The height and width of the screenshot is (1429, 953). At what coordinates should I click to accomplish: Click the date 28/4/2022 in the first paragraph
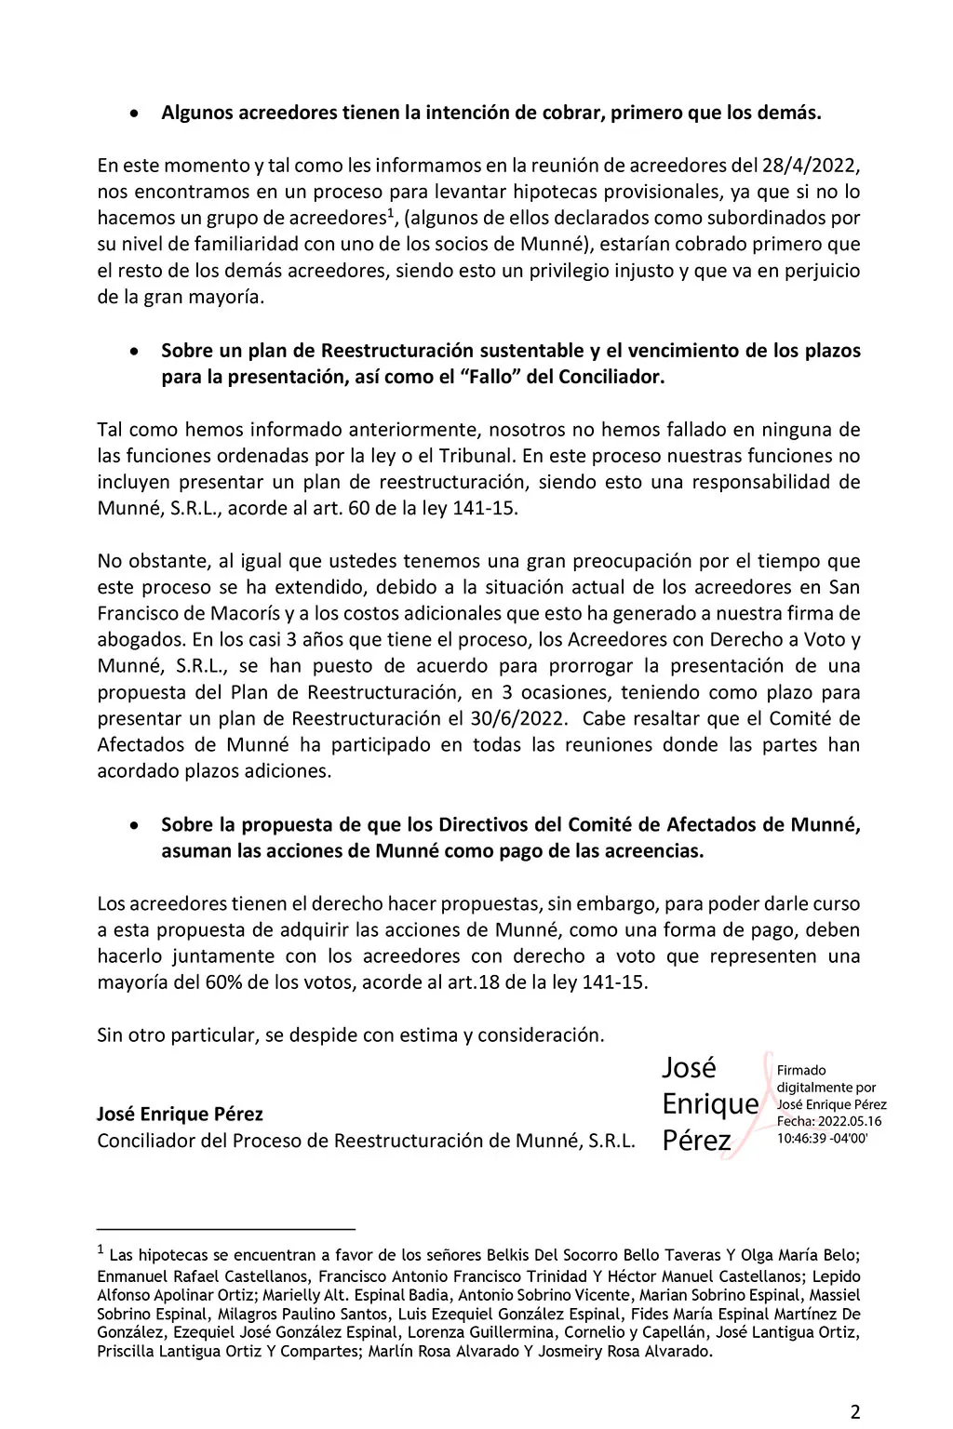[x=808, y=166]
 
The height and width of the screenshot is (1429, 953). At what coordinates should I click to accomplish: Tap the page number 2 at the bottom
[x=855, y=1411]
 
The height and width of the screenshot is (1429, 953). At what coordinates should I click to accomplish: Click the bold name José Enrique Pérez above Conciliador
[x=180, y=1114]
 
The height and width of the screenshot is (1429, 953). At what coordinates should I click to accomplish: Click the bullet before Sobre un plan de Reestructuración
[x=135, y=353]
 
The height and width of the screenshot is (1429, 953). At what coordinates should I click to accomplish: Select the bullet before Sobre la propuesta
[x=135, y=825]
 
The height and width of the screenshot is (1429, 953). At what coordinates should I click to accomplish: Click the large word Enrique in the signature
[x=709, y=1104]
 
